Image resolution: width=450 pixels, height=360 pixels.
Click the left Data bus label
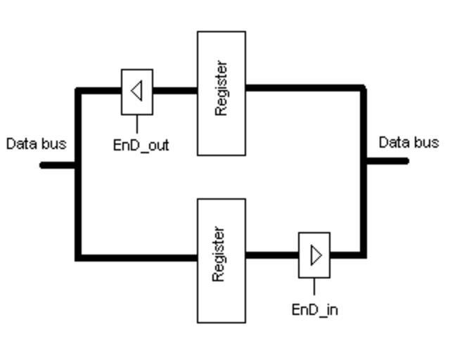[36, 144]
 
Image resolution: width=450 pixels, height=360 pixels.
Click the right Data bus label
[409, 142]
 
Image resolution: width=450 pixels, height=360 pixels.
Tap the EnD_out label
[141, 146]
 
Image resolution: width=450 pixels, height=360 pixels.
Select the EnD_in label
[314, 309]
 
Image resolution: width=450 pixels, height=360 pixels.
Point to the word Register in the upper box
[221, 89]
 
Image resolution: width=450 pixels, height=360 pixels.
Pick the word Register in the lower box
[219, 255]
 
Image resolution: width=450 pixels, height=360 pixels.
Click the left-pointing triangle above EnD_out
[138, 91]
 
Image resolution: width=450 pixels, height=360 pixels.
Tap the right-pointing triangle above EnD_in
[316, 255]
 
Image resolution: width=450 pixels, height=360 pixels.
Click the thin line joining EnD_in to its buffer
[314, 287]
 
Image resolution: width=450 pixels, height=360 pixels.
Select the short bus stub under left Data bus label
[58, 165]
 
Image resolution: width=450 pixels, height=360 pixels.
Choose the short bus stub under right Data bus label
[386, 161]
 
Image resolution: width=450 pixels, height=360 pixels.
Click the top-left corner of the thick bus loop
[78, 90]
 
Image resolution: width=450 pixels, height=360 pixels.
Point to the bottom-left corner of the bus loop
[78, 257]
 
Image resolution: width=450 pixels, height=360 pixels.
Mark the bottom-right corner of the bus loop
[363, 254]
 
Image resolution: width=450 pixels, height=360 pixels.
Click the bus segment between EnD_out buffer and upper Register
[174, 90]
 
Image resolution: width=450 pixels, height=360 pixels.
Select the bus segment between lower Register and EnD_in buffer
[272, 255]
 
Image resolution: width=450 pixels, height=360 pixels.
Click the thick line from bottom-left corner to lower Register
[137, 257]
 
